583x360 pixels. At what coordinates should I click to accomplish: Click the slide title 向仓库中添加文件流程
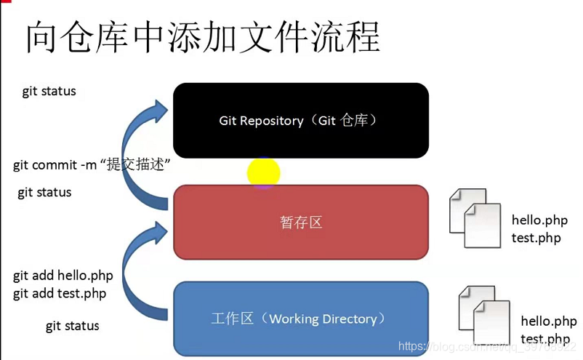(x=203, y=37)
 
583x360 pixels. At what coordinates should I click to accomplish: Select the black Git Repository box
(x=300, y=120)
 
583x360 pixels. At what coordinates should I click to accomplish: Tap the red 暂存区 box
(x=300, y=222)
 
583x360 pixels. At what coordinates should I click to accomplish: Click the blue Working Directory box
(x=300, y=319)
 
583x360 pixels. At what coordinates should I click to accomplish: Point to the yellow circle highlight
(x=263, y=173)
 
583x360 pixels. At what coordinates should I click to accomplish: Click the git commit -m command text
(x=92, y=165)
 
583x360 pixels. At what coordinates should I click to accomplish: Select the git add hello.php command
(x=63, y=276)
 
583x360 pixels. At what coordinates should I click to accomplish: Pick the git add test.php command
(x=60, y=294)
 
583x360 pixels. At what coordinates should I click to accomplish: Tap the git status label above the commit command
(x=49, y=92)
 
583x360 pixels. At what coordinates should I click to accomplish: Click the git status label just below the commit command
(x=44, y=193)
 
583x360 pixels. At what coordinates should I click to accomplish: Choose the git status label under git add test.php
(x=72, y=326)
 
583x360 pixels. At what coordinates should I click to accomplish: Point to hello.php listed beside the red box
(x=540, y=220)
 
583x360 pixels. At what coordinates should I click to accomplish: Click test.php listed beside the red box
(x=536, y=238)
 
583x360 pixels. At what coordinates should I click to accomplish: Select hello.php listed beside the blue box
(x=549, y=321)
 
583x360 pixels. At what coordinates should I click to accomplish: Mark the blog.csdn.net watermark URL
(x=487, y=348)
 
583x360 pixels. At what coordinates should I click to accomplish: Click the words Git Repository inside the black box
(x=261, y=121)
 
